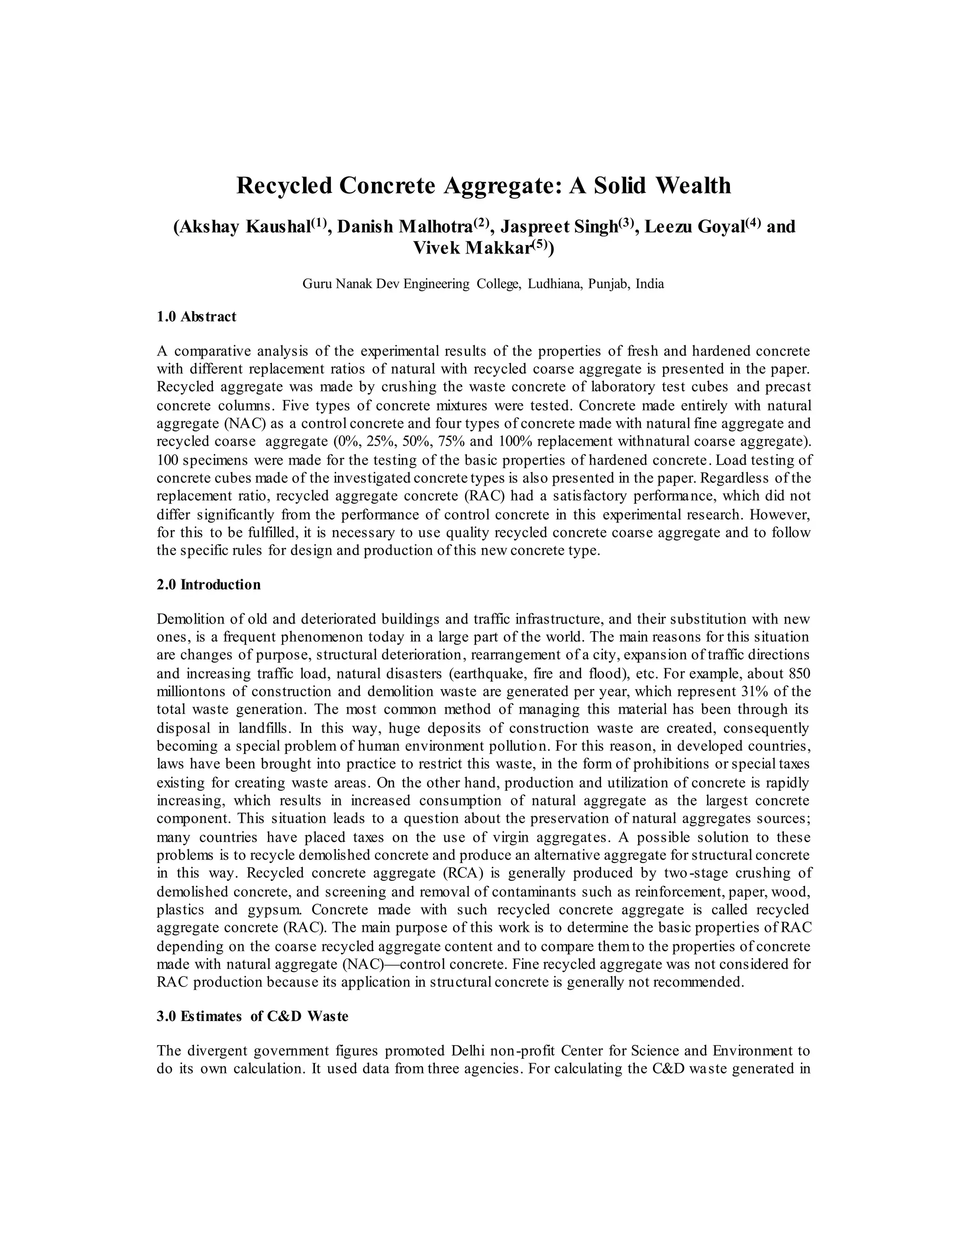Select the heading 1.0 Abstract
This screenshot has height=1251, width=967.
[196, 317]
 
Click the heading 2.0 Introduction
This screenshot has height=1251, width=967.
[209, 585]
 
